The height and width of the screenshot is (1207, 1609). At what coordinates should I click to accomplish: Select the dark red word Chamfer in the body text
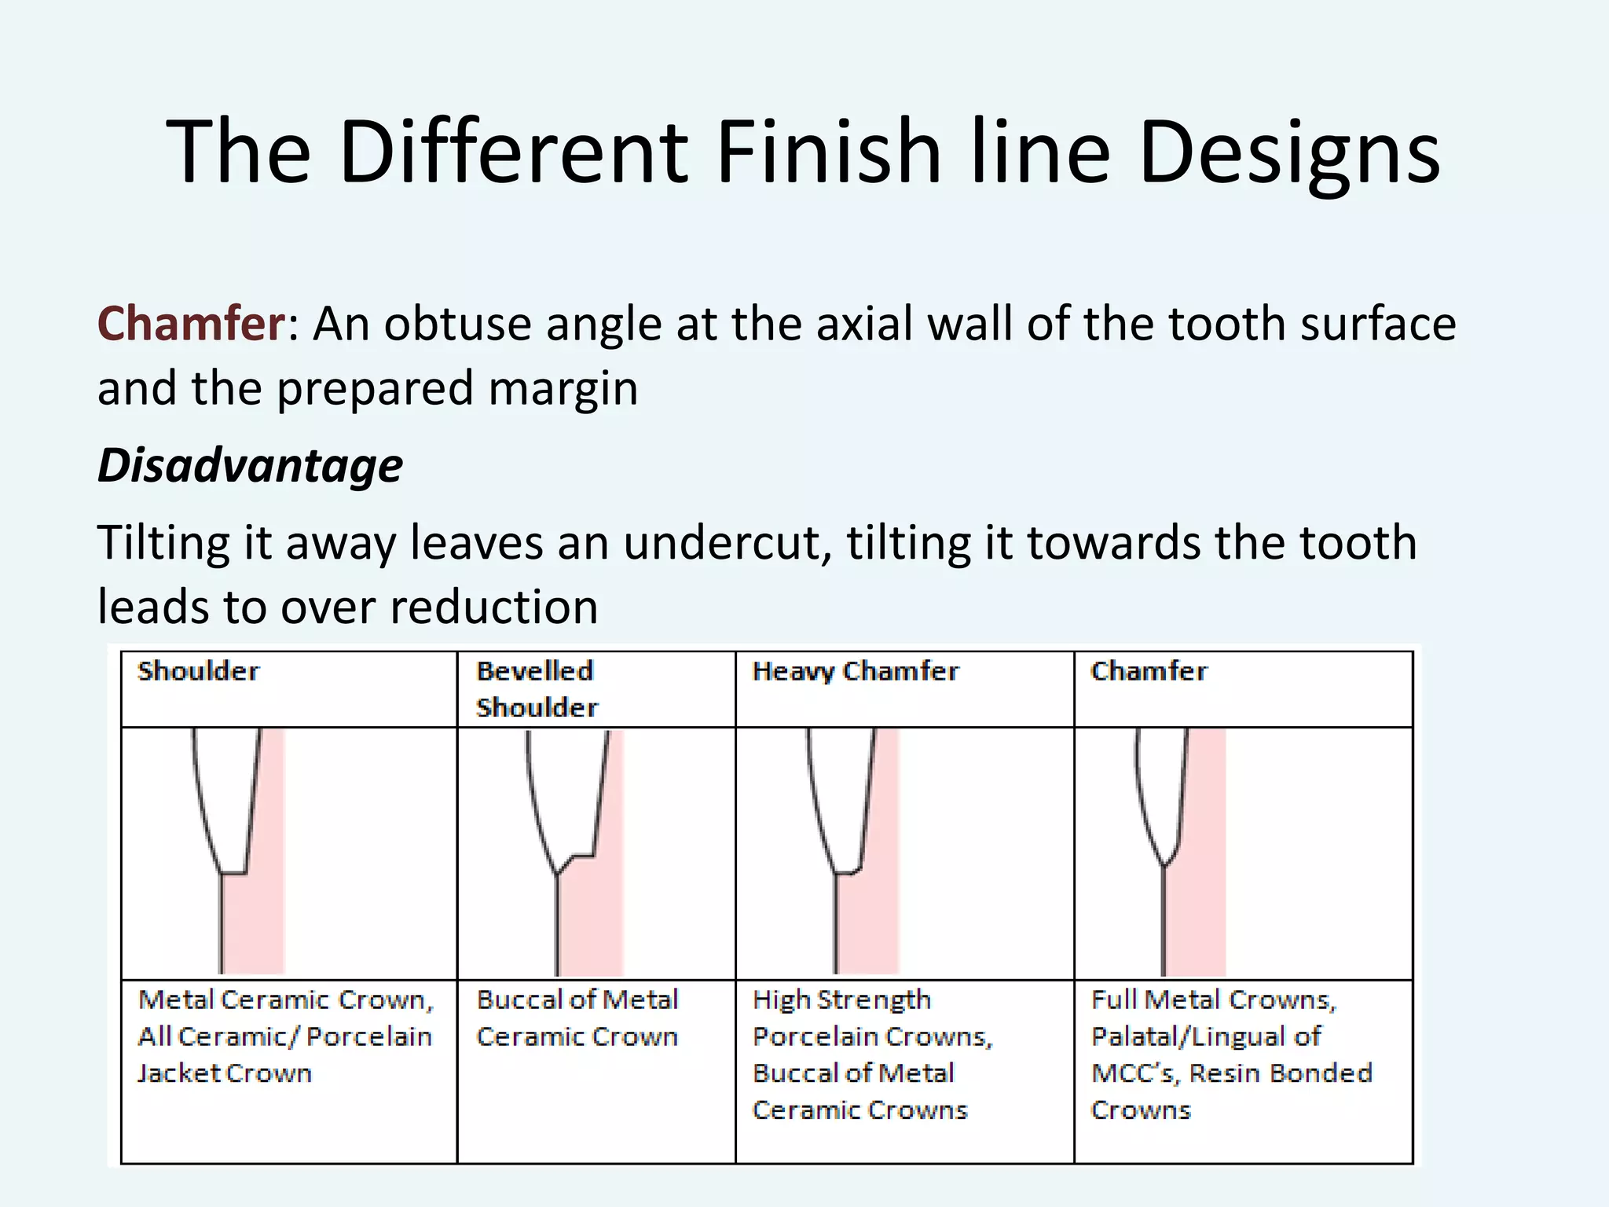tap(191, 324)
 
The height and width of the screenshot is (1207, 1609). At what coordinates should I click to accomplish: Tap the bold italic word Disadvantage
tap(250, 465)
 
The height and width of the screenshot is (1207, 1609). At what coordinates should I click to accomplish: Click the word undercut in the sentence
tap(727, 543)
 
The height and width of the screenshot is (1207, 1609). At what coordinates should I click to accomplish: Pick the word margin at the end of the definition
tap(563, 388)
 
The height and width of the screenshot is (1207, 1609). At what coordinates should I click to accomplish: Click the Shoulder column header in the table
tap(198, 671)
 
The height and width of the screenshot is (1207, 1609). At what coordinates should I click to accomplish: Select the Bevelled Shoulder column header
tap(537, 689)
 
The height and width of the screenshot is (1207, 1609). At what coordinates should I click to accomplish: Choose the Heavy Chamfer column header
tap(855, 671)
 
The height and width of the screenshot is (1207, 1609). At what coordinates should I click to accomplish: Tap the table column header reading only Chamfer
tap(1149, 671)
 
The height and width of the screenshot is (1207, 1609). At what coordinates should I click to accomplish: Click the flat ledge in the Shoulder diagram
tap(234, 872)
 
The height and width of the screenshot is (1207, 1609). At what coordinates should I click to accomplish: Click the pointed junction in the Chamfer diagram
tap(1164, 864)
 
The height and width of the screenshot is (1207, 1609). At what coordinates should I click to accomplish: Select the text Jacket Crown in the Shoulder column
tap(225, 1073)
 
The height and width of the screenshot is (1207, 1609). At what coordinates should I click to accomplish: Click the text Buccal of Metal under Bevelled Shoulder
tap(577, 1000)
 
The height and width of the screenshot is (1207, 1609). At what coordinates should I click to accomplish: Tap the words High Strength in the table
tap(841, 1000)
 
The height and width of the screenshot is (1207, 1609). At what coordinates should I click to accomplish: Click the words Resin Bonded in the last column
tap(1281, 1073)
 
